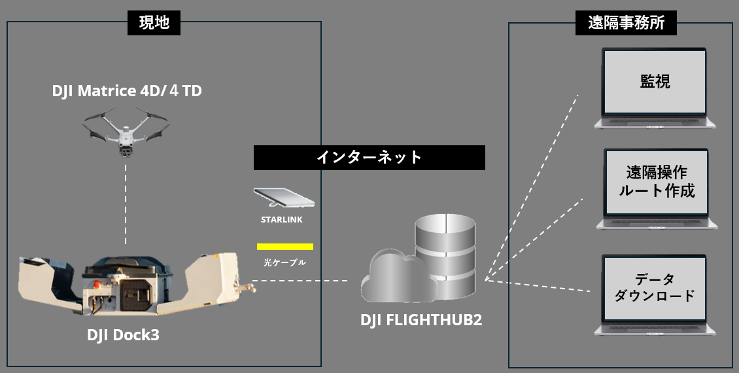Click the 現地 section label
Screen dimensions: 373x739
point(154,23)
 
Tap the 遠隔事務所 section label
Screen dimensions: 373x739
point(626,23)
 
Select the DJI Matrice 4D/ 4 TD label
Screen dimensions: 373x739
point(127,91)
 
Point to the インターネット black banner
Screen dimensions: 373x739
point(369,158)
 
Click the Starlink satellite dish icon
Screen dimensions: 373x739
point(283,197)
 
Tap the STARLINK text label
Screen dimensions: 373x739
point(282,220)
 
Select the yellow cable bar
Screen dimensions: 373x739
point(284,247)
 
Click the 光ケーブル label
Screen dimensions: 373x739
point(284,262)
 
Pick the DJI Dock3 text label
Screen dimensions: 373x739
point(123,335)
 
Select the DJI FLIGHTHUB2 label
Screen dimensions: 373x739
point(421,321)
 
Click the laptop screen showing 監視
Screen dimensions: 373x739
point(655,82)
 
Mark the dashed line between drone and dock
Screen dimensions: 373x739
point(126,203)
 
